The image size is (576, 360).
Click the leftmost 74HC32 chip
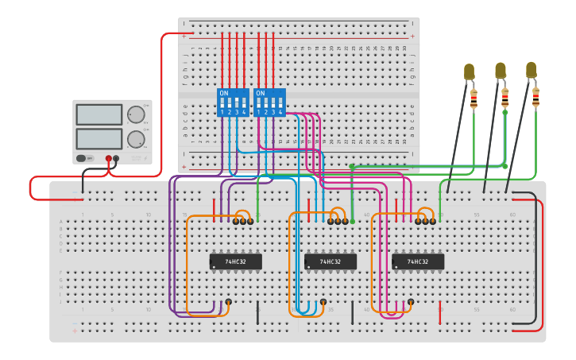click(235, 261)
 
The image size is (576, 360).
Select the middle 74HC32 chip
click(331, 261)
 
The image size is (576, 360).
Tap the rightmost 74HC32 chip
click(418, 261)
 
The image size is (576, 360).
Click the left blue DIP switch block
click(233, 103)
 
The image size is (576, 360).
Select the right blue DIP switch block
click(269, 103)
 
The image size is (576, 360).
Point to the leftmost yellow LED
click(469, 72)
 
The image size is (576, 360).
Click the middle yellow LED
click(501, 70)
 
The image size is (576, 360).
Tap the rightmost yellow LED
click(531, 70)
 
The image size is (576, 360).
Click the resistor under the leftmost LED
click(474, 99)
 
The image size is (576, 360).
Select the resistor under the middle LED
click(504, 98)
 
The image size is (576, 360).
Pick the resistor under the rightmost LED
click(535, 98)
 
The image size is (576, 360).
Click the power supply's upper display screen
click(99, 114)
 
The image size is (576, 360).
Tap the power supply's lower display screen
click(99, 139)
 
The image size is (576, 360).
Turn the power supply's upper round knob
click(137, 114)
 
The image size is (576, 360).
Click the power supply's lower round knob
click(137, 140)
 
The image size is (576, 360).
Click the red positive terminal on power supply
click(109, 158)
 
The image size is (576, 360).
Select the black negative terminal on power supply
click(117, 158)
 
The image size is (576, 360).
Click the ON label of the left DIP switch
click(223, 93)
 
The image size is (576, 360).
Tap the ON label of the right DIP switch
click(260, 93)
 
